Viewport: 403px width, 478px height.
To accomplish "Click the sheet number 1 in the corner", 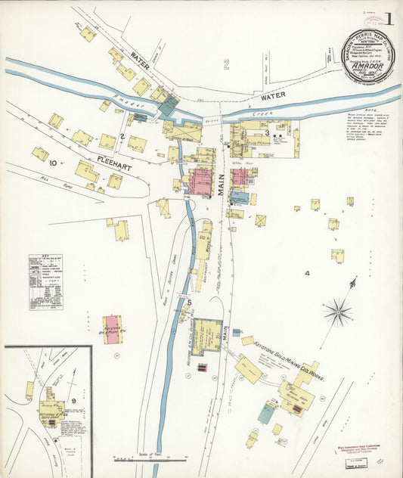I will pyautogui.click(x=389, y=18).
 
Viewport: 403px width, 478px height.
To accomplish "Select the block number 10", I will pyautogui.click(x=52, y=163).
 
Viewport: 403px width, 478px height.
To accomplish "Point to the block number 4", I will pyautogui.click(x=307, y=272).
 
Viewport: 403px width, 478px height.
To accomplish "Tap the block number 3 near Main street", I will pyautogui.click(x=267, y=133).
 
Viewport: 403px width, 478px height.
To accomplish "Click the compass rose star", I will pyautogui.click(x=337, y=311).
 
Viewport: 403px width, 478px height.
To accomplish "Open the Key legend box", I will pyautogui.click(x=45, y=282).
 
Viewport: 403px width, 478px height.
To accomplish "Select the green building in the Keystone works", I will pyautogui.click(x=266, y=413).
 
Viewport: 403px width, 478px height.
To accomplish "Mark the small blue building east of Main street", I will pyautogui.click(x=239, y=197).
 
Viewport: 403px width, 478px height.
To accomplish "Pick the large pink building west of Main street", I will pyautogui.click(x=200, y=182).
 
